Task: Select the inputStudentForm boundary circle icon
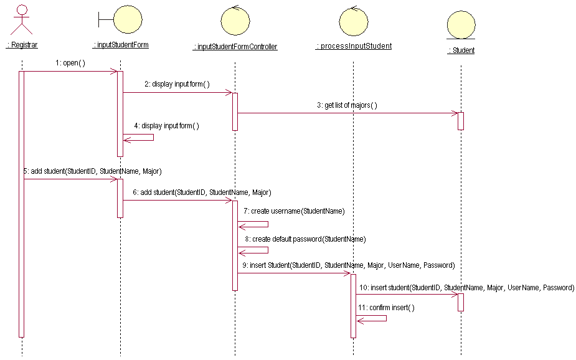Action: pos(128,19)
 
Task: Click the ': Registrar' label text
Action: pos(22,45)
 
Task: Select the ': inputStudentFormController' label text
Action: pos(235,47)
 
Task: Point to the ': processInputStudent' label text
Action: pos(354,46)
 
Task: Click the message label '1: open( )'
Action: pos(70,63)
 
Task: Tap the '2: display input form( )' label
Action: pos(177,84)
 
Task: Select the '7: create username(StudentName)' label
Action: pos(294,211)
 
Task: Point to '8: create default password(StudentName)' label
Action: pos(305,239)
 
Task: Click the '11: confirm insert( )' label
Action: pos(386,308)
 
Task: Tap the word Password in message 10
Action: pos(558,288)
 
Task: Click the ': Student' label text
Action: pos(461,50)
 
